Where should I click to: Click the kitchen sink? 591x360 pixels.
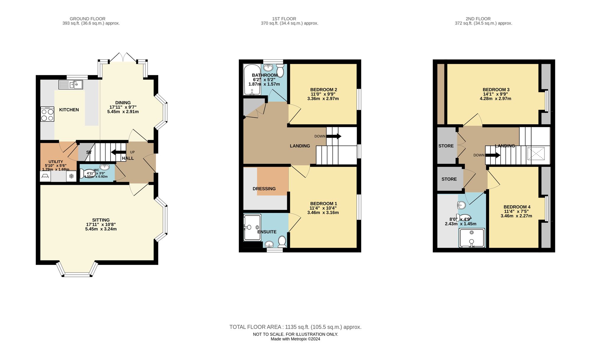point(71,85)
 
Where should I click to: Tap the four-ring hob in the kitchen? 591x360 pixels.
point(47,114)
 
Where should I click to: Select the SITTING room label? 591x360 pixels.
point(101,220)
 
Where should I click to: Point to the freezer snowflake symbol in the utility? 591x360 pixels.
point(71,177)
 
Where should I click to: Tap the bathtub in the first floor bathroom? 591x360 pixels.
point(252,79)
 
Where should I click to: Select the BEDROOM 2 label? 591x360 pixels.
point(324,89)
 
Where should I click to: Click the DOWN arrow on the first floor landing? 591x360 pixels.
point(334,136)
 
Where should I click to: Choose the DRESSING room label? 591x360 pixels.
point(264,189)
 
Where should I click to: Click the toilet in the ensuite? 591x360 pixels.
point(282,241)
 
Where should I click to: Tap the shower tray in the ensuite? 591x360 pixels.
point(252,227)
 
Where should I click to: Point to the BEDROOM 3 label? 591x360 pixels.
point(496,89)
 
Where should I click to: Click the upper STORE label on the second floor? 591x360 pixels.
point(446,146)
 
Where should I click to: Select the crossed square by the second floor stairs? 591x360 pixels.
point(536,153)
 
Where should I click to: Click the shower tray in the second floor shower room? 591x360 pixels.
point(472,238)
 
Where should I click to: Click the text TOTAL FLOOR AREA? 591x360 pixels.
point(255,327)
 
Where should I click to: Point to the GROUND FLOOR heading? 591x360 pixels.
point(87,19)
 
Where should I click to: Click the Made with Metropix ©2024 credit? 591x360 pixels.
point(295,339)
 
